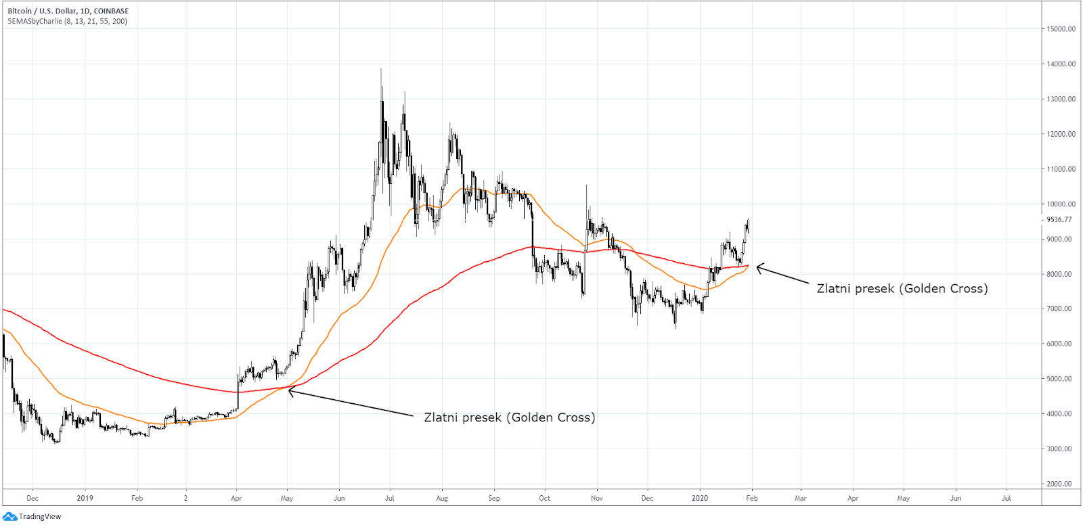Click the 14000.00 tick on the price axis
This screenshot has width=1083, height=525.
click(1061, 64)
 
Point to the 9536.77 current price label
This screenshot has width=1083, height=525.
click(1059, 220)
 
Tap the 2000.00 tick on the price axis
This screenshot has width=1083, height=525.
click(1061, 484)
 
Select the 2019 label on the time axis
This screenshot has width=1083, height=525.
click(85, 499)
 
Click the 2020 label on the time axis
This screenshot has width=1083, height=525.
click(699, 499)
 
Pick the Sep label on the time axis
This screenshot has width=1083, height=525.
click(494, 499)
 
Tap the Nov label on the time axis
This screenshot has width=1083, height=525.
click(596, 499)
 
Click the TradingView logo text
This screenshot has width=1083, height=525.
click(39, 516)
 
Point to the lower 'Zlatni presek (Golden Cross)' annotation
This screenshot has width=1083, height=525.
click(510, 417)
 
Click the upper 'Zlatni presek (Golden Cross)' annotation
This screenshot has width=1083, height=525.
click(902, 289)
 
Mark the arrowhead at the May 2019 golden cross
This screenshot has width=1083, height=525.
click(290, 390)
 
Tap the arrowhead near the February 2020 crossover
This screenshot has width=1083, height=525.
click(758, 267)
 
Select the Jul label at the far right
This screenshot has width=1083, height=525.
click(1006, 499)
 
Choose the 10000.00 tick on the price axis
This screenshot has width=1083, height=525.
click(1061, 204)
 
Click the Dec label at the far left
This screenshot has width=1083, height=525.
click(32, 499)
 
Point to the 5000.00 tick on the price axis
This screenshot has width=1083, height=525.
click(1061, 379)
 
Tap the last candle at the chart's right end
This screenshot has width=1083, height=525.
click(748, 225)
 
